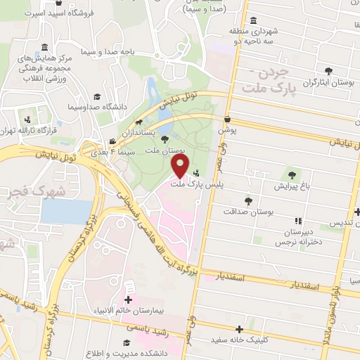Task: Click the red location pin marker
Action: [181, 166]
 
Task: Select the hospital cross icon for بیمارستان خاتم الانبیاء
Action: [128, 289]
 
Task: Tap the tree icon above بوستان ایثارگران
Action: [328, 70]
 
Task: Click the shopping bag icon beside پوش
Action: [228, 120]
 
